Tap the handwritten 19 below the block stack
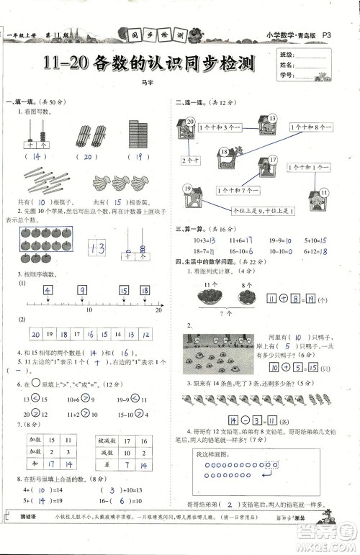click(137, 156)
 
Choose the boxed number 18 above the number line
click(145, 292)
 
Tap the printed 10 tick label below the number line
click(89, 311)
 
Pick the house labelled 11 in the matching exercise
click(318, 197)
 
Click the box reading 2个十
click(190, 159)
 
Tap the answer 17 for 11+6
click(247, 240)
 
